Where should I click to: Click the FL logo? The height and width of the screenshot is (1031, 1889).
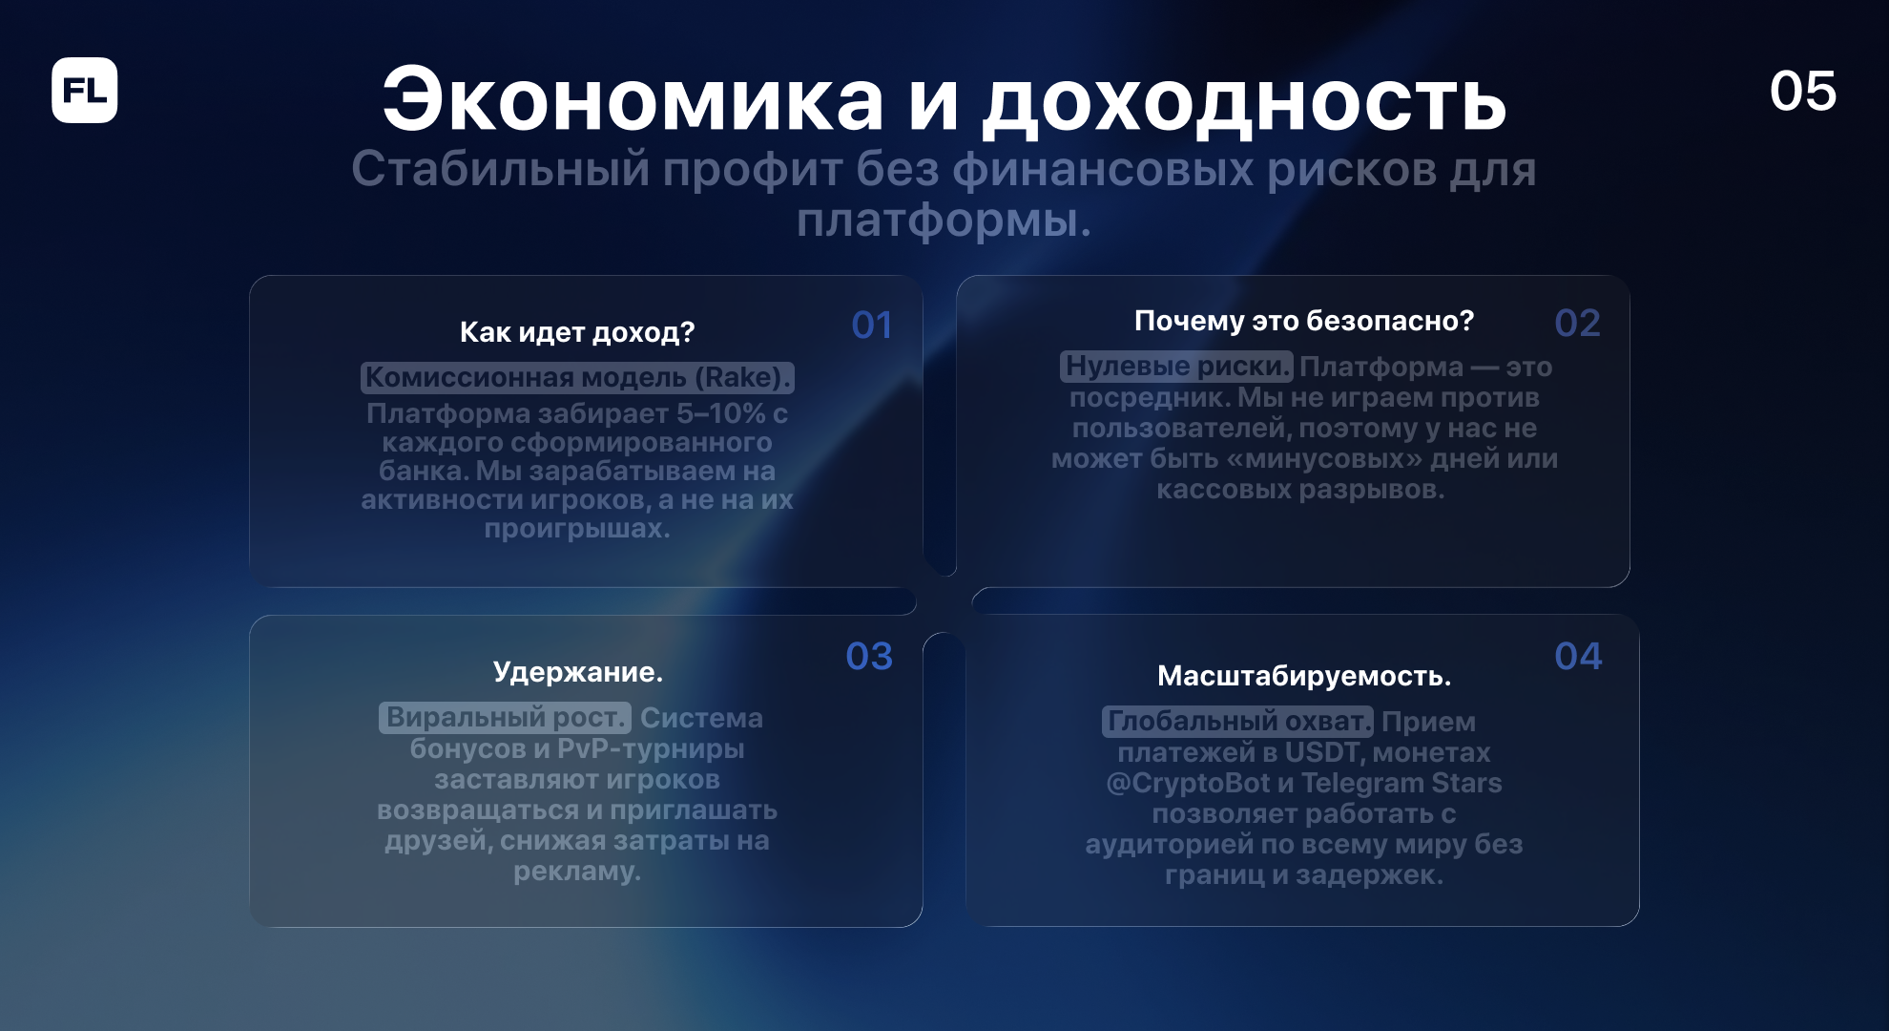click(84, 91)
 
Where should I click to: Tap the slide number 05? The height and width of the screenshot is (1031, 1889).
click(1803, 92)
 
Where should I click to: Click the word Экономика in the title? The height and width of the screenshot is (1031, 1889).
click(633, 99)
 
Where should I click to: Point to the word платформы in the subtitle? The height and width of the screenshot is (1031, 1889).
click(944, 220)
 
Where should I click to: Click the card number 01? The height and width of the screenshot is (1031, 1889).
click(872, 326)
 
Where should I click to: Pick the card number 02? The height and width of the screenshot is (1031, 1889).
click(1577, 324)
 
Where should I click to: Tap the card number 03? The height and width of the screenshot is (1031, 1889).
click(869, 657)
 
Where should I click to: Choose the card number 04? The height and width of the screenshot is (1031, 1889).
click(1578, 657)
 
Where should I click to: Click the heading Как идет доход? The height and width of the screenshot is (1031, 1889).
click(577, 332)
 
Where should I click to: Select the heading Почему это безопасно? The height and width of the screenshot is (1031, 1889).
click(1304, 321)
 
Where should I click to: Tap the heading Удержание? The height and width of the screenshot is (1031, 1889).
click(577, 672)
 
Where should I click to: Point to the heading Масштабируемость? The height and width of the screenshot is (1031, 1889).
click(1304, 676)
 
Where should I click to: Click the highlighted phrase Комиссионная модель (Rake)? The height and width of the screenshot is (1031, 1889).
click(577, 378)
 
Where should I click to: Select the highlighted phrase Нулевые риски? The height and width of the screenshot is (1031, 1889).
click(1176, 366)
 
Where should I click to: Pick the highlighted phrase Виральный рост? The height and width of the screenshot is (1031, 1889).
click(505, 717)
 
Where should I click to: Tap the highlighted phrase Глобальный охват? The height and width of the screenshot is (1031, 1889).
click(1237, 721)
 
